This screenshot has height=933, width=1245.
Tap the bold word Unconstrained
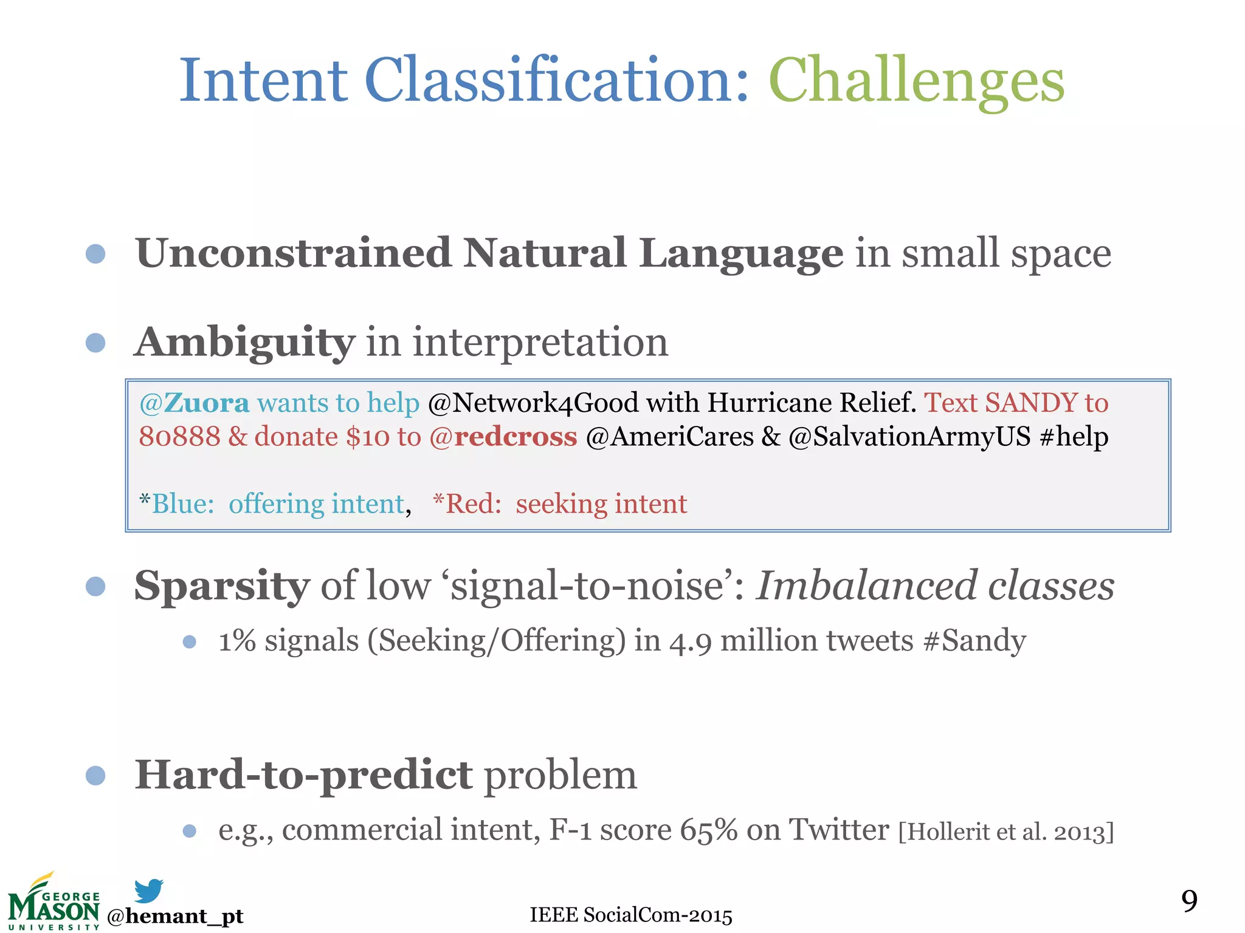click(x=293, y=253)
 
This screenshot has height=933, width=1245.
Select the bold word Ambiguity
click(x=244, y=343)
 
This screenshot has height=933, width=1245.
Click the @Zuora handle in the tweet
click(x=194, y=403)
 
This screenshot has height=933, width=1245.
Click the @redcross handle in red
click(x=503, y=437)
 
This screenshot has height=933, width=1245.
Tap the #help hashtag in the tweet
click(x=1074, y=437)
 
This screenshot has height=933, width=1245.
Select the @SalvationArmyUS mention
click(x=909, y=437)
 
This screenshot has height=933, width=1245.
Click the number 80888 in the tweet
click(x=179, y=437)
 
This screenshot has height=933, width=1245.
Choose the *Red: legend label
click(x=467, y=504)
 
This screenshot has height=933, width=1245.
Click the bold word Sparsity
click(x=222, y=586)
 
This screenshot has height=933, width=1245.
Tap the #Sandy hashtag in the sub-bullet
click(x=974, y=641)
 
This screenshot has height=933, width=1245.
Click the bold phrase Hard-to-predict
click(x=303, y=776)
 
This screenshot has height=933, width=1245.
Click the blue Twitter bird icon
click(x=149, y=891)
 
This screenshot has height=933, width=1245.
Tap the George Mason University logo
click(x=53, y=903)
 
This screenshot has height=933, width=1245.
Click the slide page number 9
click(x=1189, y=900)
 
